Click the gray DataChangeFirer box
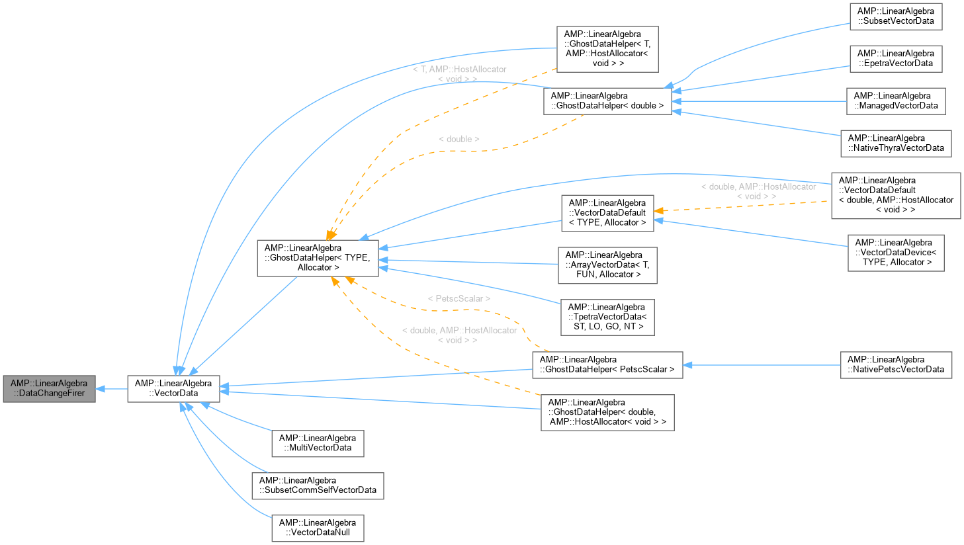pos(49,389)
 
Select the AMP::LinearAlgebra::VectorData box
pos(173,389)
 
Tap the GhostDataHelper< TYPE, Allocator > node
pos(318,258)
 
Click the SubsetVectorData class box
pos(896,17)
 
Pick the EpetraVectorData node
pos(896,59)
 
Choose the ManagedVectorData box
pos(896,101)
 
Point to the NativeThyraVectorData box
pos(896,144)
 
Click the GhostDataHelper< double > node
pos(607,101)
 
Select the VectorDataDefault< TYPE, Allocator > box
pos(607,213)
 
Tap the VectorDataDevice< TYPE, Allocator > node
pos(896,253)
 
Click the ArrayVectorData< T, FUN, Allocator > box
pos(607,265)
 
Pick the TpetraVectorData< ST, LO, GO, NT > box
pos(607,317)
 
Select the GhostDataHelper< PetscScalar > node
pos(607,365)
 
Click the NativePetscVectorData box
pos(896,365)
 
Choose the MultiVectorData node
pos(318,443)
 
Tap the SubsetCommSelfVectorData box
pos(318,485)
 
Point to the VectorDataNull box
pos(318,528)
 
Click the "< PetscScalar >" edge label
pos(459,299)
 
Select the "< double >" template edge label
pos(459,140)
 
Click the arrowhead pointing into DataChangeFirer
pos(101,389)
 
